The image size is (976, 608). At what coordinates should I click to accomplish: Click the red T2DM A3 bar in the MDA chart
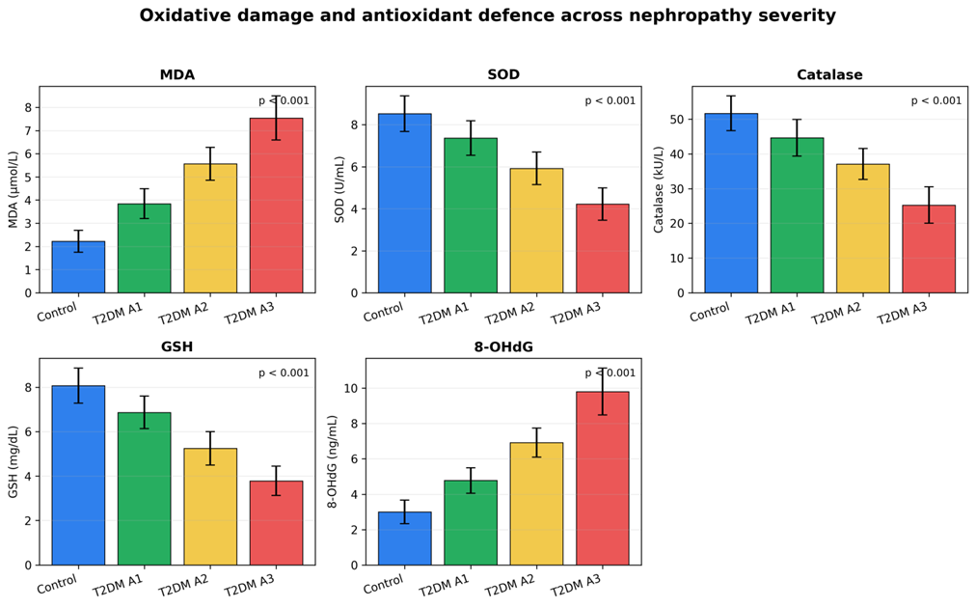[x=277, y=206]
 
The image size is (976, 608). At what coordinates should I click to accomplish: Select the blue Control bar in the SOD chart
[x=405, y=203]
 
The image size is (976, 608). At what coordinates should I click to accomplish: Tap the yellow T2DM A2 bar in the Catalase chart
[x=863, y=229]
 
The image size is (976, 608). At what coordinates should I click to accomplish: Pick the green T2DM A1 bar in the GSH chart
[x=145, y=489]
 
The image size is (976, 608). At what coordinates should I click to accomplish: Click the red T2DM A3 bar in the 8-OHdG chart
[x=603, y=479]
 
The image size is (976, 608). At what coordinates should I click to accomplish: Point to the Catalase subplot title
[x=829, y=74]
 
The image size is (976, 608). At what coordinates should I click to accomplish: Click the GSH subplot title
[x=176, y=347]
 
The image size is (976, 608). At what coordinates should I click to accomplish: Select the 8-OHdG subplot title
[x=503, y=347]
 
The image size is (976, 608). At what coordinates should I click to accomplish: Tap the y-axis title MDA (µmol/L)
[x=14, y=190]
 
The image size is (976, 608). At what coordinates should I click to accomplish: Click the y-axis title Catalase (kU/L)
[x=659, y=190]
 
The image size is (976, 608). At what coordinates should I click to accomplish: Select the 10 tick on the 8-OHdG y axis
[x=351, y=388]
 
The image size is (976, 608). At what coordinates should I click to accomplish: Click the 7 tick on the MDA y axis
[x=28, y=131]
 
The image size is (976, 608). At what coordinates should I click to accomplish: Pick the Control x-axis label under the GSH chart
[x=57, y=584]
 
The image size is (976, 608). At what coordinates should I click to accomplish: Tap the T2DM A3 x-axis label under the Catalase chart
[x=902, y=314]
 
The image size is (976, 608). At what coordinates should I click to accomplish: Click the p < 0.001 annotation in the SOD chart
[x=610, y=101]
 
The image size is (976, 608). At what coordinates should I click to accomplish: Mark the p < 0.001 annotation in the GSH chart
[x=284, y=373]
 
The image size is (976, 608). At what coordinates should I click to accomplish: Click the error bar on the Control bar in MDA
[x=78, y=241]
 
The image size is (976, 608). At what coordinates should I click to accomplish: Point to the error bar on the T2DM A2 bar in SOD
[x=536, y=168]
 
